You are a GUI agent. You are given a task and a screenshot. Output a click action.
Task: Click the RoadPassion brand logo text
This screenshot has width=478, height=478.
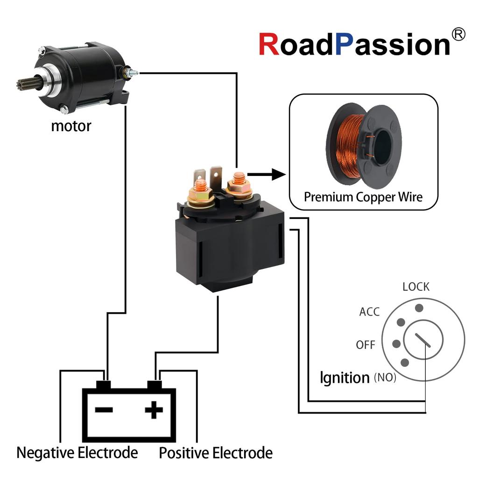click(x=355, y=44)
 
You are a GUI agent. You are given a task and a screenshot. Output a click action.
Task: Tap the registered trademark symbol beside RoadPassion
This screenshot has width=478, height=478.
click(x=458, y=34)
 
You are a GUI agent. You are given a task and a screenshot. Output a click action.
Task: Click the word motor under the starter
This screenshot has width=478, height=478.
click(x=71, y=126)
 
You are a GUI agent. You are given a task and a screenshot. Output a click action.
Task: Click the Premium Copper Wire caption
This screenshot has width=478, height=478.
click(x=363, y=197)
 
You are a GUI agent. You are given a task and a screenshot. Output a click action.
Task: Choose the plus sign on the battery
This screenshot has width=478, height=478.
click(x=154, y=410)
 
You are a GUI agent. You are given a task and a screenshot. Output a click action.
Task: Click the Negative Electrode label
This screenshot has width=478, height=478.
click(x=77, y=452)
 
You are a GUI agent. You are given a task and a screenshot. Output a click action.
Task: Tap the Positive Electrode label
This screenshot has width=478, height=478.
click(x=216, y=452)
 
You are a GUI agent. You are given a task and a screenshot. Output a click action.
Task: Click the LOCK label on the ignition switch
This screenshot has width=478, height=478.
click(x=416, y=287)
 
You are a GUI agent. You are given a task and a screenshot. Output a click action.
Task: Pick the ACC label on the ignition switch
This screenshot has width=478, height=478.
click(x=369, y=311)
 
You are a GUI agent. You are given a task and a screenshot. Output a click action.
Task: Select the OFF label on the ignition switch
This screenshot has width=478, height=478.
click(x=366, y=345)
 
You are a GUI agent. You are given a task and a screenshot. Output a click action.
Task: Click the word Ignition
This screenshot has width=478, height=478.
click(x=344, y=377)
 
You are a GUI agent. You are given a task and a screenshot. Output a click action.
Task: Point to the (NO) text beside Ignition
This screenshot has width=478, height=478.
click(x=385, y=378)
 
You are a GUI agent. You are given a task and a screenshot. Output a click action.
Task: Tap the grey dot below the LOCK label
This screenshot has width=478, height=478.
click(x=419, y=308)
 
